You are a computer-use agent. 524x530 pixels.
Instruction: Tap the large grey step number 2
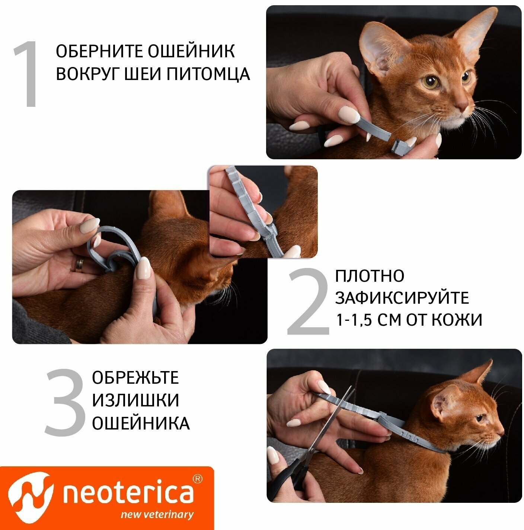click(308, 302)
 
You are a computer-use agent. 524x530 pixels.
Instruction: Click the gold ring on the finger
click(80, 265)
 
